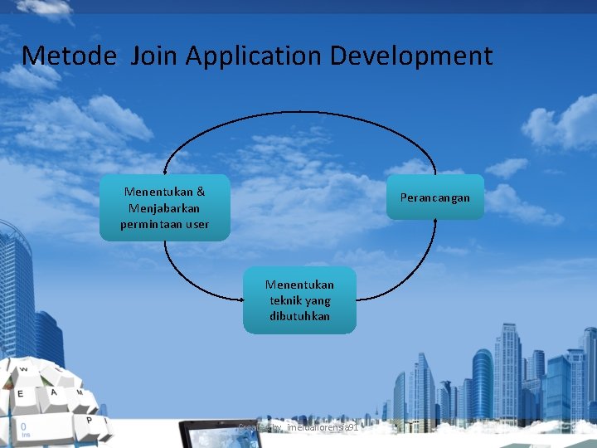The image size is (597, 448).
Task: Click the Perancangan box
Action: pos(434,197)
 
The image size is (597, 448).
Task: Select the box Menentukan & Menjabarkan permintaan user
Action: pos(164,207)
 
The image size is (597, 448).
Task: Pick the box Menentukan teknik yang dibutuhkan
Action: pos(299,300)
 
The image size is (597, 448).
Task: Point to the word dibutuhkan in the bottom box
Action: pos(299,316)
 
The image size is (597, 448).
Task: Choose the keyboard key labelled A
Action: pos(52,392)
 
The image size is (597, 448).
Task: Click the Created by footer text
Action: pos(298,427)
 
